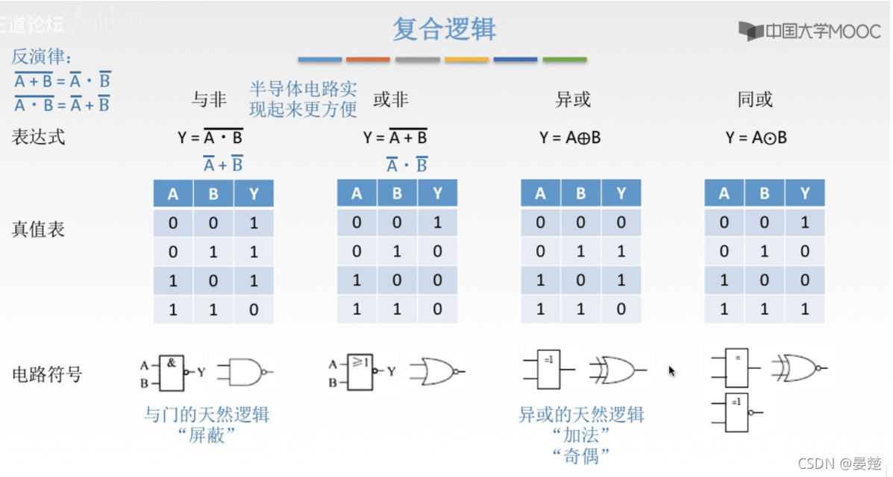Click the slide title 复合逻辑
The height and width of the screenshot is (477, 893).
(x=444, y=30)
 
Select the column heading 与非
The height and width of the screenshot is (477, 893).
(x=209, y=99)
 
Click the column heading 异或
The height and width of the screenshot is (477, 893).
(x=573, y=99)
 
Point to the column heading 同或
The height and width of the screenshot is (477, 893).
(x=754, y=99)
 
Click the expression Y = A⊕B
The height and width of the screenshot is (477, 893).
(x=571, y=137)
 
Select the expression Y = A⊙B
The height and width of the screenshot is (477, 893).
(x=756, y=137)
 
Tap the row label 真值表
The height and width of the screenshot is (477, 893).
(x=38, y=229)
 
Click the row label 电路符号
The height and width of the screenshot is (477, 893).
(x=46, y=373)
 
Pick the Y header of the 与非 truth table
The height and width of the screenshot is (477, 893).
(x=254, y=195)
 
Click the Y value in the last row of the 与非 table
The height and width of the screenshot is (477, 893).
(x=254, y=309)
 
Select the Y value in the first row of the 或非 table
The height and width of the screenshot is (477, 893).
(x=437, y=222)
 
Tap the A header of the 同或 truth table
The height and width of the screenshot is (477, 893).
(x=724, y=195)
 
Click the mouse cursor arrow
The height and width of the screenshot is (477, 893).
(x=671, y=370)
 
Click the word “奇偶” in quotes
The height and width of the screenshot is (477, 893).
(x=581, y=455)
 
